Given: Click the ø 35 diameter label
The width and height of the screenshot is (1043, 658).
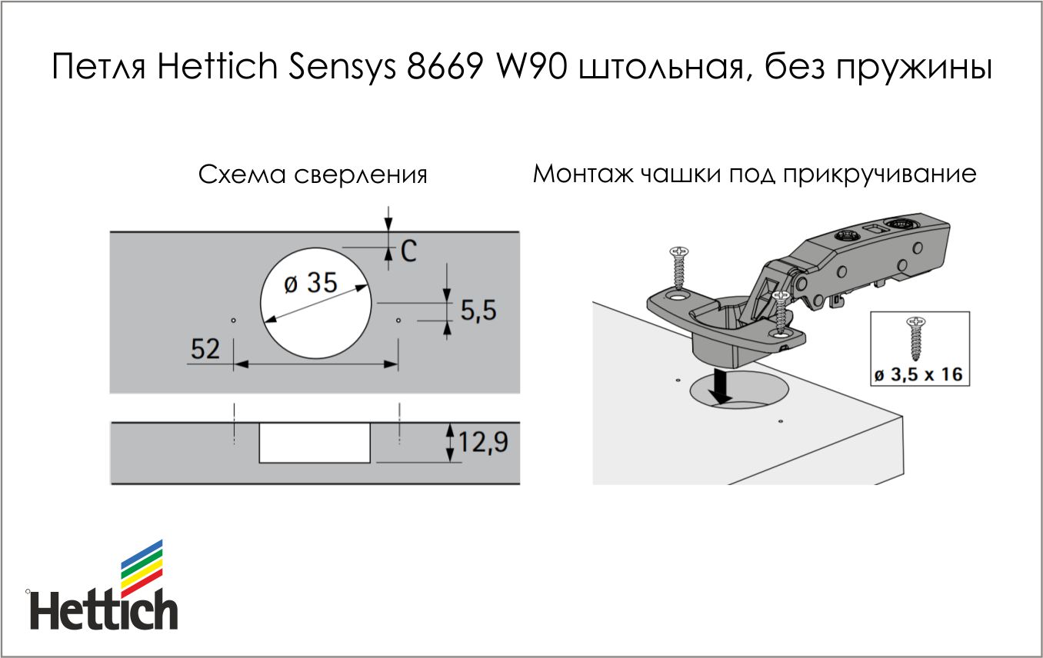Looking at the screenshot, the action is point(311,282).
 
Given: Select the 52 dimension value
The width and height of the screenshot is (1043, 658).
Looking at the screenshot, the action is point(205,349).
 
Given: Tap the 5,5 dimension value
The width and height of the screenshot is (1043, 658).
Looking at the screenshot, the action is point(478,311).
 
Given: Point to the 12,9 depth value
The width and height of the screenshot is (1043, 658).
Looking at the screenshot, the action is point(483,443).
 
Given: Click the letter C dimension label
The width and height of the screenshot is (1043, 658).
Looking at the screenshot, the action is point(408,251).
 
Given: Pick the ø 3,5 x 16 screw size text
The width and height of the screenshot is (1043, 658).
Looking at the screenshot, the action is point(918,374).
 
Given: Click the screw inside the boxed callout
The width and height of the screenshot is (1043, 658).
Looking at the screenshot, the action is point(916,338).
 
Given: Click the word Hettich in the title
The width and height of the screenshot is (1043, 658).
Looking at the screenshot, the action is point(218,67).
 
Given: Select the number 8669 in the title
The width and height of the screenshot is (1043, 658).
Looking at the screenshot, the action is point(445,67).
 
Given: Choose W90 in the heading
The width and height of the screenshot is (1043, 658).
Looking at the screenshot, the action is point(532,67).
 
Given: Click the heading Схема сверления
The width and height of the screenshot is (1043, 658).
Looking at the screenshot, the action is point(312,175).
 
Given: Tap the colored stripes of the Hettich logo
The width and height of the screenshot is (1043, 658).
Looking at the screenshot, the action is point(142,569).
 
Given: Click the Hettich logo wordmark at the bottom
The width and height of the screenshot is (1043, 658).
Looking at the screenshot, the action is point(104,610).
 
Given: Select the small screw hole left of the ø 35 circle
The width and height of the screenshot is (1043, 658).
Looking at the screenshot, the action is point(233,320).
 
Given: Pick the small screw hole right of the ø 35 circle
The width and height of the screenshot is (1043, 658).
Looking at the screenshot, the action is point(398,320).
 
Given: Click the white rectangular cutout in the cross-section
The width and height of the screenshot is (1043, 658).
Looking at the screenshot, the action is point(315,443).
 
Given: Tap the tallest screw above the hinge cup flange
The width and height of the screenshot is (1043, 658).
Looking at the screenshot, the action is point(679,268).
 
